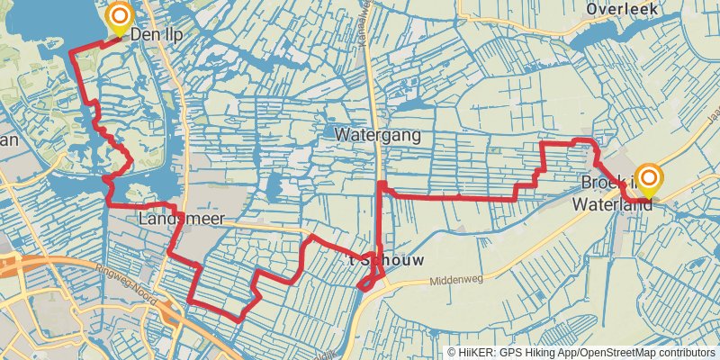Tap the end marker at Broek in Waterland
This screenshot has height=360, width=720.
coord(647,177)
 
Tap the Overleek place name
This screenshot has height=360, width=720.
coord(622,9)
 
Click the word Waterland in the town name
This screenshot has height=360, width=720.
coord(612,204)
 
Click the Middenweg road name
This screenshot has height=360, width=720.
coord(456,280)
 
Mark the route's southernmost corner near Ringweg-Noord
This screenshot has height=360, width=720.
coord(239,319)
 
